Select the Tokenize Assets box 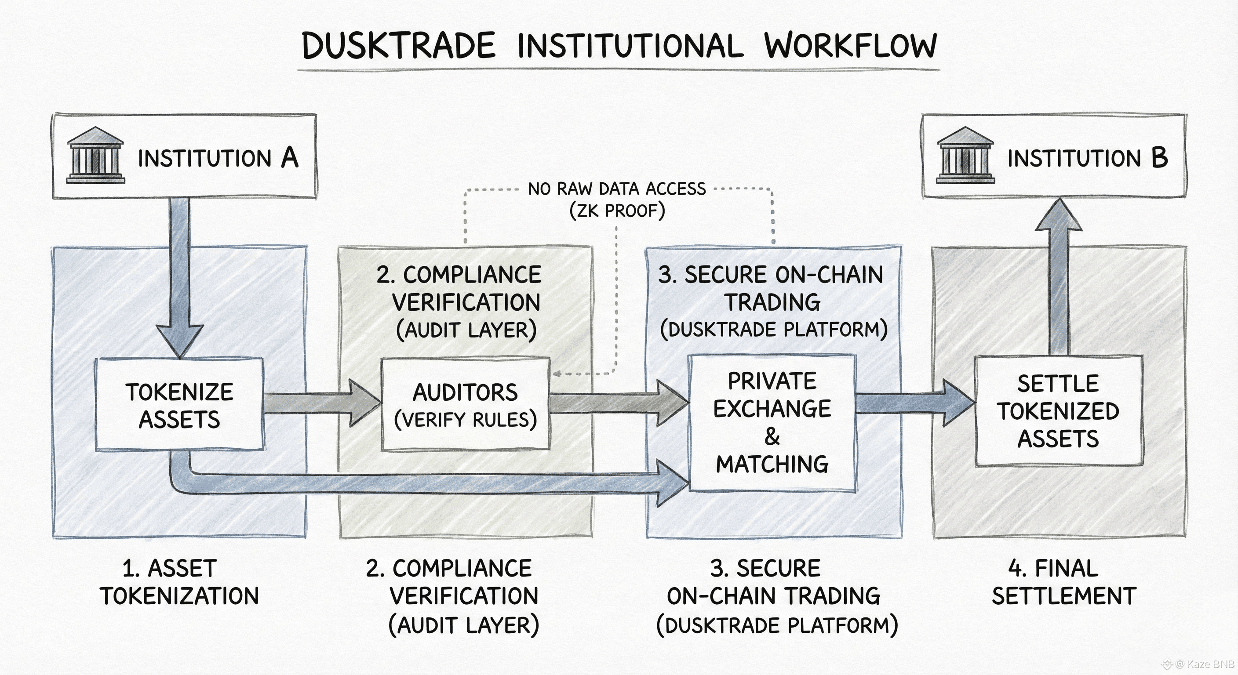tap(179, 405)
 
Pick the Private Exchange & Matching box tap(772, 423)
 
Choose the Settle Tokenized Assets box tap(1058, 411)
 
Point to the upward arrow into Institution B tap(1058, 279)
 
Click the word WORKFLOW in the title tap(851, 46)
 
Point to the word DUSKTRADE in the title tap(399, 46)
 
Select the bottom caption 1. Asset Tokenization tap(179, 582)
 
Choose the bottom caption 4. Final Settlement tap(1063, 582)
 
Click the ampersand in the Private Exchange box tap(772, 436)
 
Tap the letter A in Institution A tap(290, 158)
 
